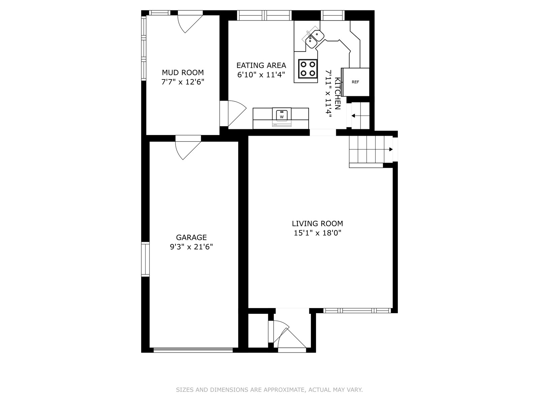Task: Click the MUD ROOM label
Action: [183, 73]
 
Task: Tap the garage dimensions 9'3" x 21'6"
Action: [191, 246]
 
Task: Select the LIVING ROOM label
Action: [317, 224]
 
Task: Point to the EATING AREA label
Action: [261, 66]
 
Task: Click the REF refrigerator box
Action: [355, 82]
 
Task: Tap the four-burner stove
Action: [308, 69]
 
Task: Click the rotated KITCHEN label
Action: [338, 94]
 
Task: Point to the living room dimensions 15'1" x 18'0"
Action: [317, 233]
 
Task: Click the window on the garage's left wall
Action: [146, 259]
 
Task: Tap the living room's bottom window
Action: [357, 310]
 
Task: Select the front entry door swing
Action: [290, 337]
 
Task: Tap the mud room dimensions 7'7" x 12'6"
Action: [183, 82]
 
